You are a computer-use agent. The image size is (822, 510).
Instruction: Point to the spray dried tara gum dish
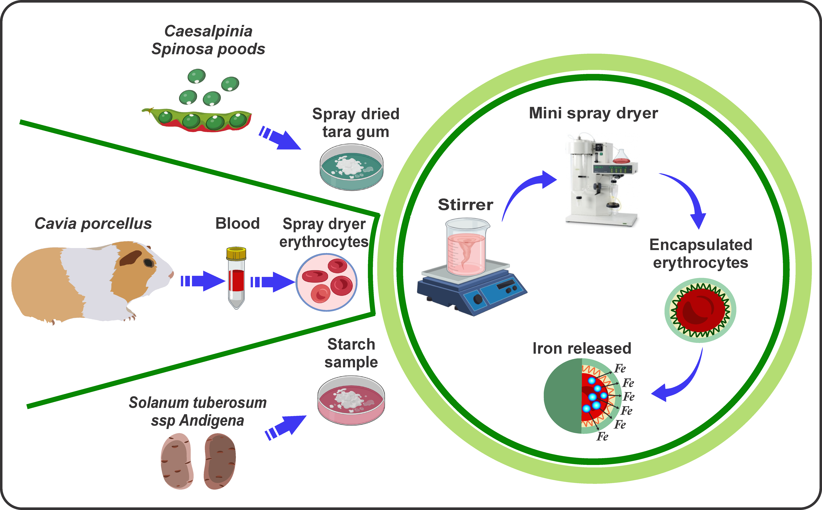point(351,167)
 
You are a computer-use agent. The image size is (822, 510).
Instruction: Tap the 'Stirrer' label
point(465,205)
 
